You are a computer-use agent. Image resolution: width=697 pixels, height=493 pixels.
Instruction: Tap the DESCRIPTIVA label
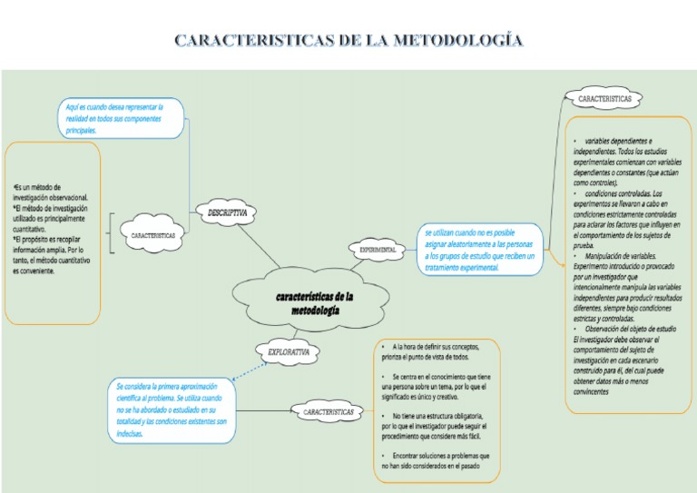[x=227, y=212]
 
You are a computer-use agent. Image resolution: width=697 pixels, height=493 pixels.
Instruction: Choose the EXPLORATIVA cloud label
[x=289, y=350]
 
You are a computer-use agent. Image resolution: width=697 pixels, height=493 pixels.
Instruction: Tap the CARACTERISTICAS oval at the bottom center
[x=329, y=413]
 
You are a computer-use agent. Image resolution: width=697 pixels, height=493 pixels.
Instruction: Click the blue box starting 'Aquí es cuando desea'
[x=122, y=118]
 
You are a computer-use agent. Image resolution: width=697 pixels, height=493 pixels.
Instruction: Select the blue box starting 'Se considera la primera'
[x=172, y=409]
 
